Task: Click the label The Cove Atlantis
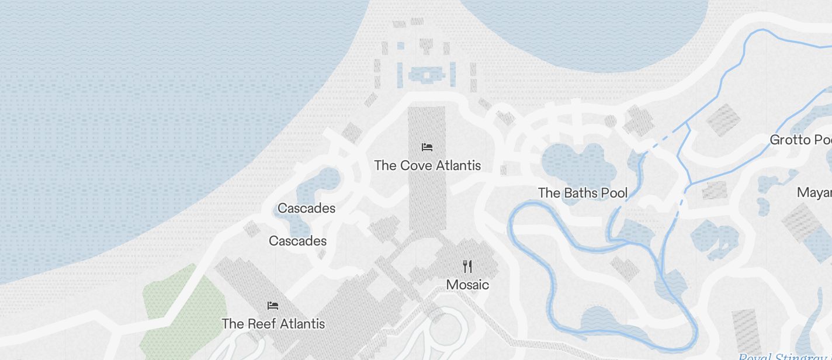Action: tap(427, 165)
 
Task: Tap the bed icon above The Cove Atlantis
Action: tap(427, 147)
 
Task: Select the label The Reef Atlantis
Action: tap(273, 324)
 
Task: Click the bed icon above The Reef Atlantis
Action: tap(273, 305)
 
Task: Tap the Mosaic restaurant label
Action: tap(467, 285)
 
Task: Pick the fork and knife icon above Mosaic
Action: tap(467, 266)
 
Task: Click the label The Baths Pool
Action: tap(583, 193)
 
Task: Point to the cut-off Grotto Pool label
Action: tap(800, 140)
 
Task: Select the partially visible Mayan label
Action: tap(814, 193)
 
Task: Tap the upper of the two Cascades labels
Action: tap(306, 208)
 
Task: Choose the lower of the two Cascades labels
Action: tap(297, 241)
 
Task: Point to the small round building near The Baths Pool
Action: tap(610, 121)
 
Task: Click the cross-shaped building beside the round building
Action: tap(638, 120)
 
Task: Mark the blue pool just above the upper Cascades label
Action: tap(318, 184)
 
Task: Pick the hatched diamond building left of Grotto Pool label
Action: tap(723, 119)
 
